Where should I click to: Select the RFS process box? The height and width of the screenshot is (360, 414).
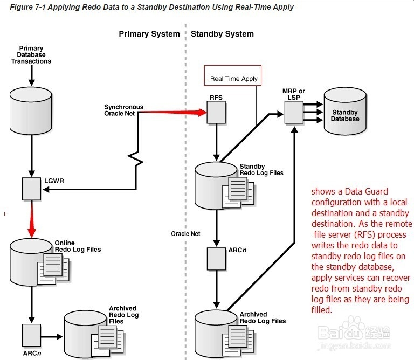coord(216,113)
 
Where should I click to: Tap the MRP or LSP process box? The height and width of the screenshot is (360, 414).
coord(293,113)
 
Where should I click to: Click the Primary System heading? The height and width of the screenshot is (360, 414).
coord(149,34)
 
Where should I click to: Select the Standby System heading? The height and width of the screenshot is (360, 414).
coord(222,34)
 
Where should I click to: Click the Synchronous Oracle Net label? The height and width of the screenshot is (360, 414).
coord(123,110)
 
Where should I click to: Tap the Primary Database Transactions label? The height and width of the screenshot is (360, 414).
coord(31,55)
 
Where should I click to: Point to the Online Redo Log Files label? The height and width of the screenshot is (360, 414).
coord(78,246)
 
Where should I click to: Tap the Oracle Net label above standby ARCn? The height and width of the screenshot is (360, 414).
coord(185,234)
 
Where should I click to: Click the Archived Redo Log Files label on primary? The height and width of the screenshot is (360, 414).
coord(123,315)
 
